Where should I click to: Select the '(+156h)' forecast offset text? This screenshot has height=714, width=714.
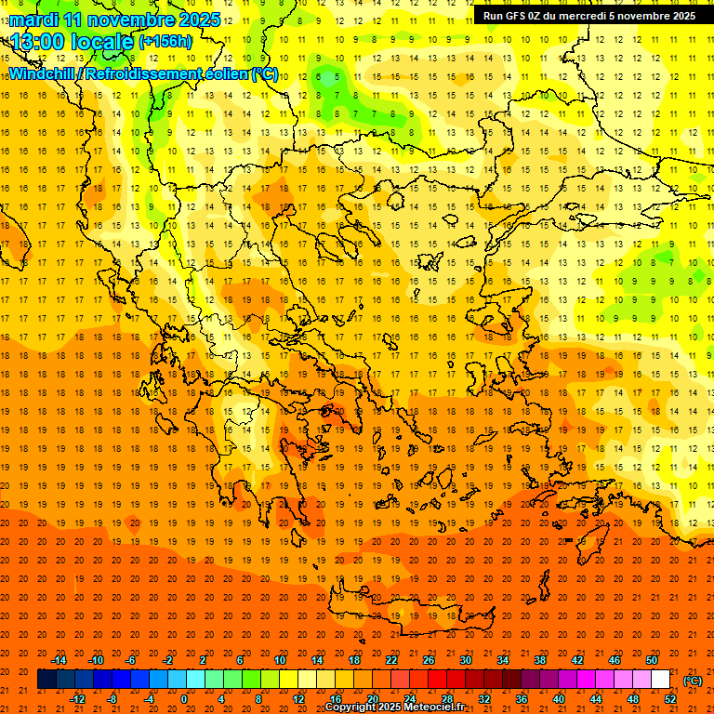[x=165, y=42]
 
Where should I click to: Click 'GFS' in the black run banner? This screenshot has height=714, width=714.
[x=518, y=16]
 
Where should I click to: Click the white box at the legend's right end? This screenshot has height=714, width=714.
[x=661, y=680]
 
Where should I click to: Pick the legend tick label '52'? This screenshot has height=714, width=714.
[x=670, y=699]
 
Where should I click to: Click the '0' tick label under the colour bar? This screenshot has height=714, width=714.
[x=184, y=699]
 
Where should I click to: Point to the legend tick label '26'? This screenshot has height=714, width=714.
[x=428, y=660]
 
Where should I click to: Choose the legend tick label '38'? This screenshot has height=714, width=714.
[x=539, y=660]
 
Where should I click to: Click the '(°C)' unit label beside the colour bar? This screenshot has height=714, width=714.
[x=693, y=681]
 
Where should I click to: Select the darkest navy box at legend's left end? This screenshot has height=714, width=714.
[x=46, y=680]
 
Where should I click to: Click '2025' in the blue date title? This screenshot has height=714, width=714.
[x=199, y=20]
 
